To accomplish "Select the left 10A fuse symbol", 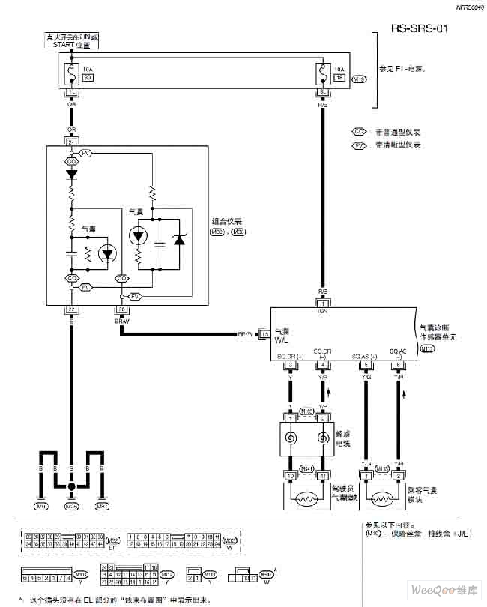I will [72, 72].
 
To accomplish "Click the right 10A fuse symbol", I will [322, 73].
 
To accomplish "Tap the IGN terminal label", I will [323, 309].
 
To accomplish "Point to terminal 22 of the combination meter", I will [71, 309].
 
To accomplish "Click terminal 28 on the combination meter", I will [120, 309].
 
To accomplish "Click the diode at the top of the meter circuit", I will [72, 174].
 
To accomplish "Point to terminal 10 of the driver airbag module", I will [289, 477].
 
